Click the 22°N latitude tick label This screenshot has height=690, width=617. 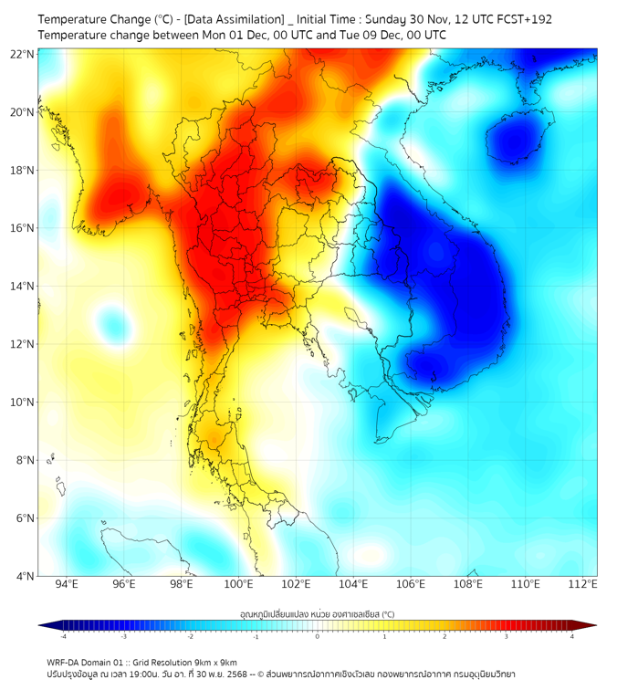[23, 54]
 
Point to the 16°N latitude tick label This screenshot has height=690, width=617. [23, 228]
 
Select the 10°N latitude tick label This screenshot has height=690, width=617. [23, 402]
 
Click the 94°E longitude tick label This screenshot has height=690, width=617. [67, 584]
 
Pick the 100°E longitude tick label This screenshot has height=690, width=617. [238, 584]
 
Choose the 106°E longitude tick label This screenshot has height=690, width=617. [411, 584]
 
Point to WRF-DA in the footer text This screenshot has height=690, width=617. [65, 663]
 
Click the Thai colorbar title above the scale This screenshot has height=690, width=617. [317, 614]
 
